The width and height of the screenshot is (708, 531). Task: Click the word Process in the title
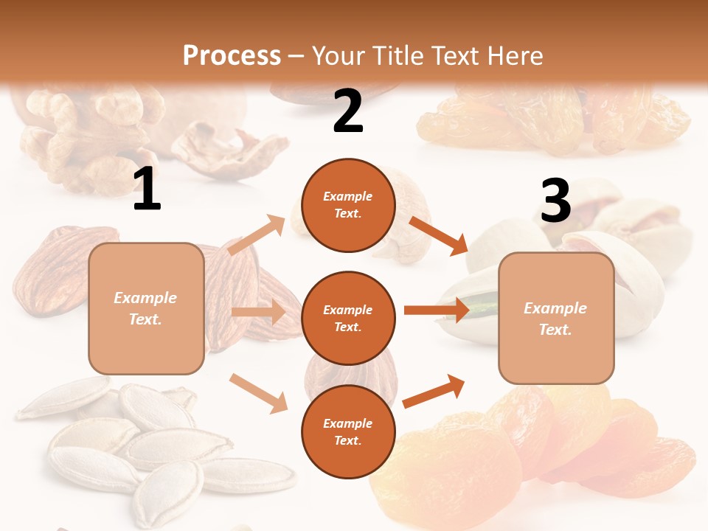tap(232, 55)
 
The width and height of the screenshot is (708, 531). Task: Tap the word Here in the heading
tap(513, 55)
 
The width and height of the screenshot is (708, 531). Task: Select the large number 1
tap(147, 190)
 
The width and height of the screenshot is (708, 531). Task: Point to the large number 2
tap(348, 111)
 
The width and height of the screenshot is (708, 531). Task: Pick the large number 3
tap(555, 201)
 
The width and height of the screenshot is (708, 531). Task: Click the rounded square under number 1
tap(146, 308)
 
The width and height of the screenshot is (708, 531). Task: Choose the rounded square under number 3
tap(556, 319)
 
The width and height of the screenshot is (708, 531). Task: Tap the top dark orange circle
tap(348, 205)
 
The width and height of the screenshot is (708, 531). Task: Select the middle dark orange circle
tap(348, 318)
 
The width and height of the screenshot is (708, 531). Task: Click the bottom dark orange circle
tap(348, 431)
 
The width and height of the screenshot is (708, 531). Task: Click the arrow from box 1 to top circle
tap(257, 235)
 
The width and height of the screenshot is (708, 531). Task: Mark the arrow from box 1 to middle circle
tap(257, 312)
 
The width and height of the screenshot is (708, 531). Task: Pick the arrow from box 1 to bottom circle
tap(258, 392)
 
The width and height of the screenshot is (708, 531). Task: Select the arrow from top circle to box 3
tap(438, 235)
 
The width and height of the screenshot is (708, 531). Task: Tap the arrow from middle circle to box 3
tap(436, 310)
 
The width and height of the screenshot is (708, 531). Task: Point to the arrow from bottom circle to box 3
tap(434, 391)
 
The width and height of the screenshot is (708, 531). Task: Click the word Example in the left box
tap(145, 298)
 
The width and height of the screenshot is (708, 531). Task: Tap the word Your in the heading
tap(339, 55)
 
